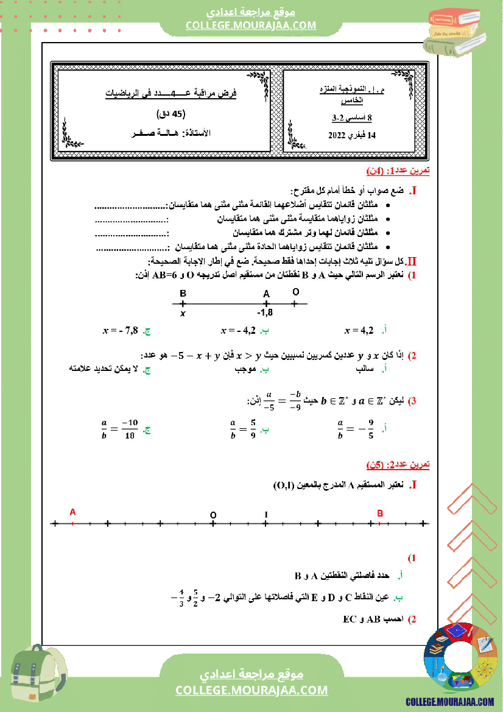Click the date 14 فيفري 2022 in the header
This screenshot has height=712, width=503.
[351, 135]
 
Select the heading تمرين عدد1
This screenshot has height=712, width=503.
[399, 171]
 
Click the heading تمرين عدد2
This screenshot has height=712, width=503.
[398, 465]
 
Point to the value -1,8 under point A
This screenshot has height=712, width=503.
[265, 313]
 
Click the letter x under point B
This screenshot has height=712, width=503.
[182, 314]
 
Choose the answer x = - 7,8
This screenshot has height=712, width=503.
[121, 331]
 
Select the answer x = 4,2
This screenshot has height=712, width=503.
[359, 331]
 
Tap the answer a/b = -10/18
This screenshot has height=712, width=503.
[119, 429]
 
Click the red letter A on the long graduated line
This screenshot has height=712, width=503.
[72, 513]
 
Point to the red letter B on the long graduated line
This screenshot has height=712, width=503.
[380, 513]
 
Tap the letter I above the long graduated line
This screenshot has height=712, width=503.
[266, 515]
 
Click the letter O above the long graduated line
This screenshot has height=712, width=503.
[213, 515]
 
